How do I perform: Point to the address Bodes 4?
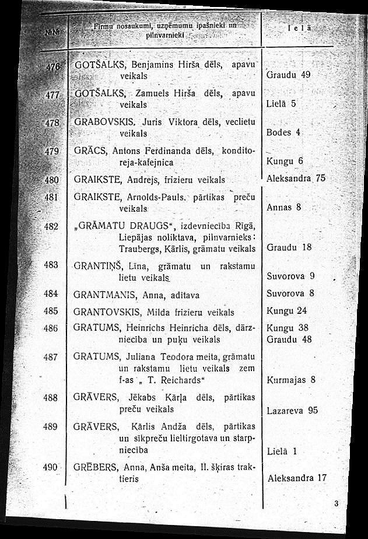283,132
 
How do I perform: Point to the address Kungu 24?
286,310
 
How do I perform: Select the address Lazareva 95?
292,410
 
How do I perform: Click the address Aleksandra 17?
297,478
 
